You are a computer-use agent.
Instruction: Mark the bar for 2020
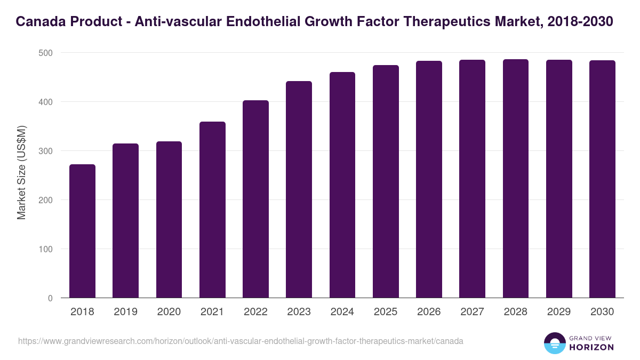tap(169, 220)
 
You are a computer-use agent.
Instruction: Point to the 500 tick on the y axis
tap(46, 53)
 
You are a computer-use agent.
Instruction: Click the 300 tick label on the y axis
tap(46, 151)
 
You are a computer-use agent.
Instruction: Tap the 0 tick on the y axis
tap(50, 298)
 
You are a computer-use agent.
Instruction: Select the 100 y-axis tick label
tap(46, 249)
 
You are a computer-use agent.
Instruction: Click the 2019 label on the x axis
tap(126, 312)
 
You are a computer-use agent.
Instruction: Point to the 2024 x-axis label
tap(342, 312)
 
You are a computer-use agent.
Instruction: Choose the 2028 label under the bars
tap(515, 312)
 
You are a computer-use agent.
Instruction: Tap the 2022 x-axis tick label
tap(255, 312)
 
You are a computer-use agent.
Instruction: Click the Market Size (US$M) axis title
tap(22, 173)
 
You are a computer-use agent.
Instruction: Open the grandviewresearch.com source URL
tap(241, 341)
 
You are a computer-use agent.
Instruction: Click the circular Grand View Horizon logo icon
tap(555, 343)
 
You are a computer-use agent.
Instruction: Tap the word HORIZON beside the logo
tap(591, 347)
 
